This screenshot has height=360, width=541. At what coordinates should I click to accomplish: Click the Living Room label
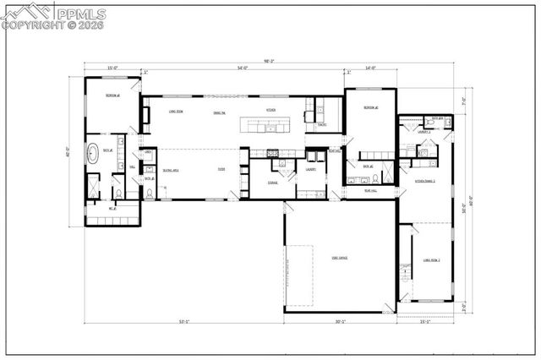[x=177, y=111]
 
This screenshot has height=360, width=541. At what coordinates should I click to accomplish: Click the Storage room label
[x=273, y=183]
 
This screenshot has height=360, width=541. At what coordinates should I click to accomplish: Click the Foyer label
[x=221, y=170]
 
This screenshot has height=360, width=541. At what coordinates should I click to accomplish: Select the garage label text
[x=340, y=257]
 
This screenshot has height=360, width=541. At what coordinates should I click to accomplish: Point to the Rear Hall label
[x=369, y=191]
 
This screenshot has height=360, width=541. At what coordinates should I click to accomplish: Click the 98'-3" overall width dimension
[x=270, y=61]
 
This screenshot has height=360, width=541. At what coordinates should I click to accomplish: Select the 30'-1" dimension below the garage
[x=340, y=321]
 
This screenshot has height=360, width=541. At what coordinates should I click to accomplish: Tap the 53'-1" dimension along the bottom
[x=184, y=321]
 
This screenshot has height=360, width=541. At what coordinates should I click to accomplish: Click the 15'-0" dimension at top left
[x=112, y=68]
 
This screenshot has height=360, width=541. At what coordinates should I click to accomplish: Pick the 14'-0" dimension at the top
[x=370, y=68]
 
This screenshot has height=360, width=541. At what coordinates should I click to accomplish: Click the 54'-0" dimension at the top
[x=243, y=68]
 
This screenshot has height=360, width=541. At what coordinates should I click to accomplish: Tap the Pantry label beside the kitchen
[x=322, y=125]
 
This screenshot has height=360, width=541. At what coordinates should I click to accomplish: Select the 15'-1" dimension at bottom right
[x=424, y=321]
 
